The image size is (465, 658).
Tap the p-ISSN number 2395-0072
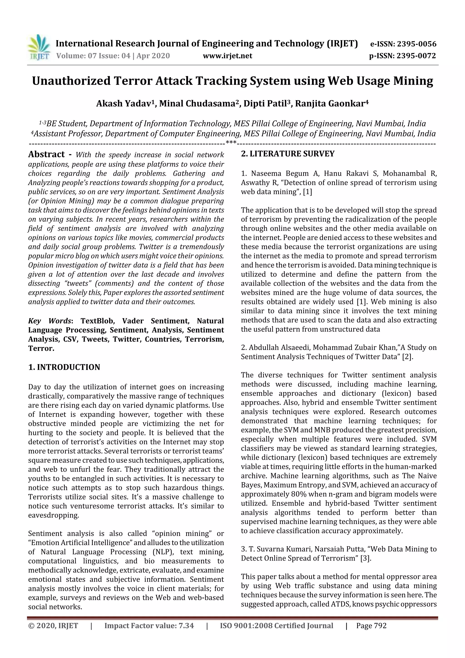pos(416,56)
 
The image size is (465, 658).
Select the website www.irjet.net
pos(228,56)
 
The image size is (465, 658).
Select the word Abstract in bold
pos(46,154)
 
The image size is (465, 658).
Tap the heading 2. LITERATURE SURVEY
pos(288,154)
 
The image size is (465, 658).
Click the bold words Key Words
pos(49,321)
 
